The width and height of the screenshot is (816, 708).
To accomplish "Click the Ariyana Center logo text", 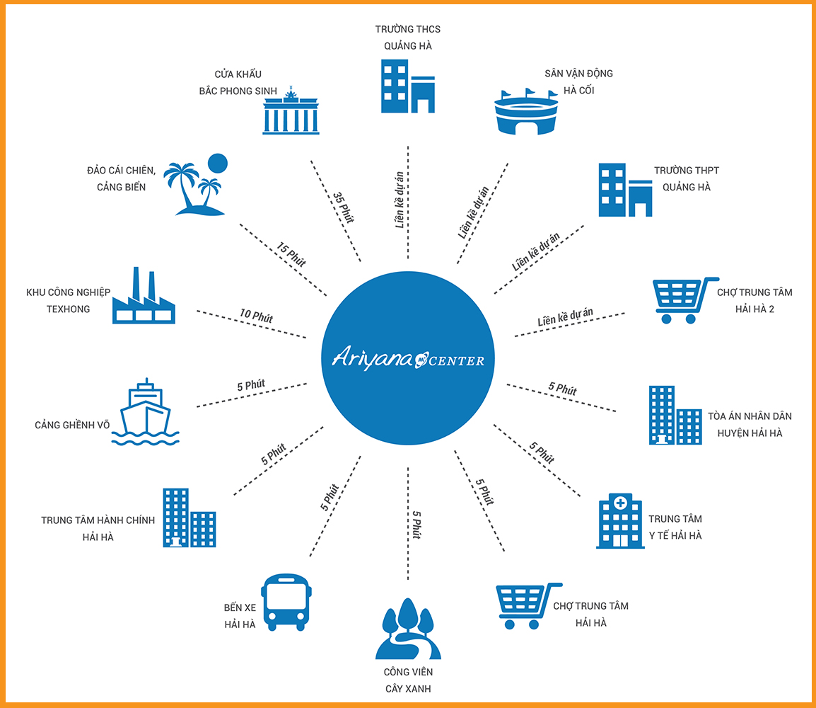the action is point(409,358).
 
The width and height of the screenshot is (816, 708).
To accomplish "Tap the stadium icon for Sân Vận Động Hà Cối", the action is point(526,111).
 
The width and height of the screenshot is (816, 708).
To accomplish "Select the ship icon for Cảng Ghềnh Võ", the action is point(145,412).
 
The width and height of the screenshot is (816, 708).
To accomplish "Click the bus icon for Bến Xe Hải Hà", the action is point(286,603).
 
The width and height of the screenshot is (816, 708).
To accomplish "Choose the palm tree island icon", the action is point(195,184).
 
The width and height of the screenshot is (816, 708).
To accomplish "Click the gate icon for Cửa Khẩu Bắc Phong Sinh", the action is point(291,110).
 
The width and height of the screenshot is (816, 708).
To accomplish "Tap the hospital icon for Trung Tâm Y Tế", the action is point(620,521).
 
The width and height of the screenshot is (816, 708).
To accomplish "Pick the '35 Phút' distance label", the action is point(344,207).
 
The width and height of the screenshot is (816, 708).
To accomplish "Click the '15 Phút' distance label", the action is point(291,254).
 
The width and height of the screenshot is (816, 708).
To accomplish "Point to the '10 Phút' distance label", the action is point(256,316).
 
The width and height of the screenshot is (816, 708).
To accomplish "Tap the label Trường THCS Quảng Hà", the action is point(408,38).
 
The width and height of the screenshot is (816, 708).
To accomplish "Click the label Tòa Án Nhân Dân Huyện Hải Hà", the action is point(750,425).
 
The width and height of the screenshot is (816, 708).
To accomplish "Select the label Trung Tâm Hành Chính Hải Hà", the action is point(98,528).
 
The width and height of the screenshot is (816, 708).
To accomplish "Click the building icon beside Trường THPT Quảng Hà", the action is point(625,190).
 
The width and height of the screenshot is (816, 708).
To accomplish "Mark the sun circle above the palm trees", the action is point(218,163).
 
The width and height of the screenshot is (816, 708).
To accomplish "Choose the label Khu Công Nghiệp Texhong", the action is point(68,301).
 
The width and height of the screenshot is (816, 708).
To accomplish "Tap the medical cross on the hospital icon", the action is point(620,503).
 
